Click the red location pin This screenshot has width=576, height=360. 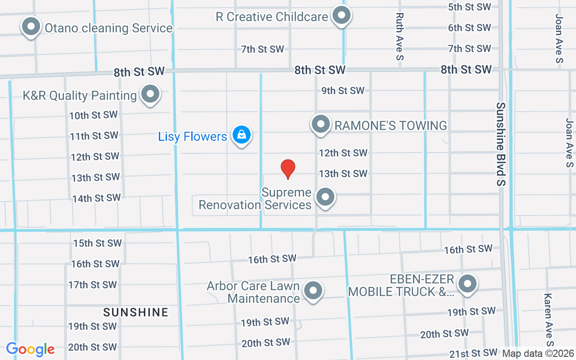tap(288, 169)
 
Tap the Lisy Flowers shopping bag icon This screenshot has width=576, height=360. tap(242, 135)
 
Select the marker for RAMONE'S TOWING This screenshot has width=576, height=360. tap(321, 124)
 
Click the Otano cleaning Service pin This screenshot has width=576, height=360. tap(31, 27)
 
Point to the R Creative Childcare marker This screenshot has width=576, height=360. tap(342, 16)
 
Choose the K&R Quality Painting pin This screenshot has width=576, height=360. tap(150, 94)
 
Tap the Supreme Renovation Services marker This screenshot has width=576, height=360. tap(325, 197)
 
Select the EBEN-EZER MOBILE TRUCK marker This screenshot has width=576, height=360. tap(468, 284)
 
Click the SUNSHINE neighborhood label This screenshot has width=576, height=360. tap(135, 312)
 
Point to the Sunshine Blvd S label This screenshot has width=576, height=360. tap(501, 144)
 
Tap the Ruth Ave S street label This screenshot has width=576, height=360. tap(400, 36)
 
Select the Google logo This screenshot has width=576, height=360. tap(30, 349)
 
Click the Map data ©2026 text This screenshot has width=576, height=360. tap(538, 354)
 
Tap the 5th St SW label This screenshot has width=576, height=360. tap(469, 7)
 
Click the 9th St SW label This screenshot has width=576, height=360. tap(343, 90)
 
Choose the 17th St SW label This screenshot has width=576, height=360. tap(93, 285)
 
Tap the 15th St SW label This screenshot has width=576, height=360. tap(98, 243)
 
